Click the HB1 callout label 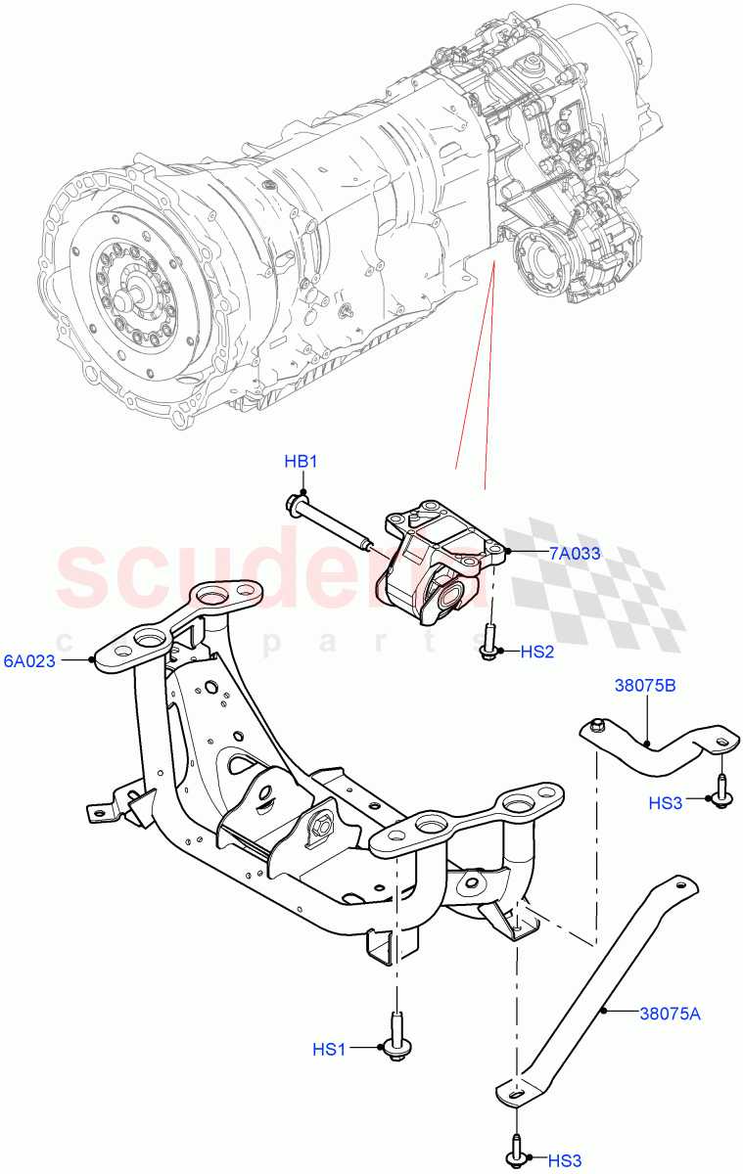[302, 461]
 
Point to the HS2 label [537, 652]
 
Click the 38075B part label [644, 686]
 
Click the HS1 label [330, 1049]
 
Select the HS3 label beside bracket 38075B [666, 802]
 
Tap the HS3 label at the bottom [565, 1160]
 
